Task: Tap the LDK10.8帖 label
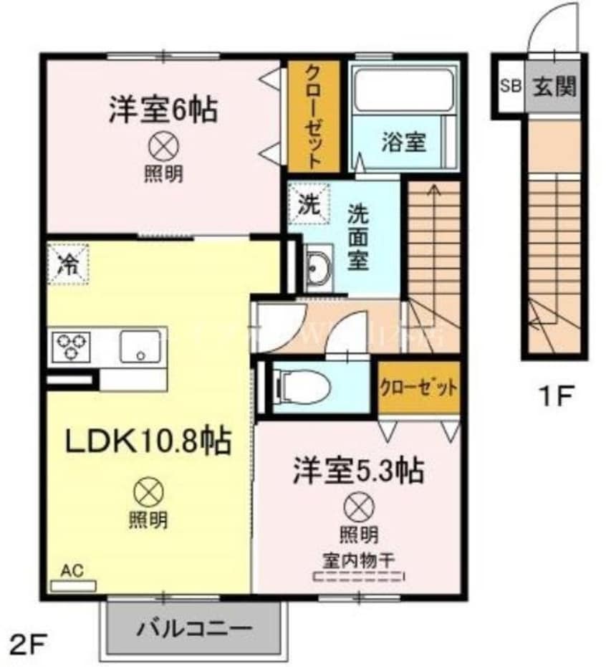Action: tap(148, 441)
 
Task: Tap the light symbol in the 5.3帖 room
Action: tap(358, 508)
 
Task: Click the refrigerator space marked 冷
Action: tap(68, 262)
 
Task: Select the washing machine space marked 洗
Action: tap(308, 203)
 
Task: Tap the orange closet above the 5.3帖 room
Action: tap(418, 389)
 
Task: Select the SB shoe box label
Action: tap(510, 87)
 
